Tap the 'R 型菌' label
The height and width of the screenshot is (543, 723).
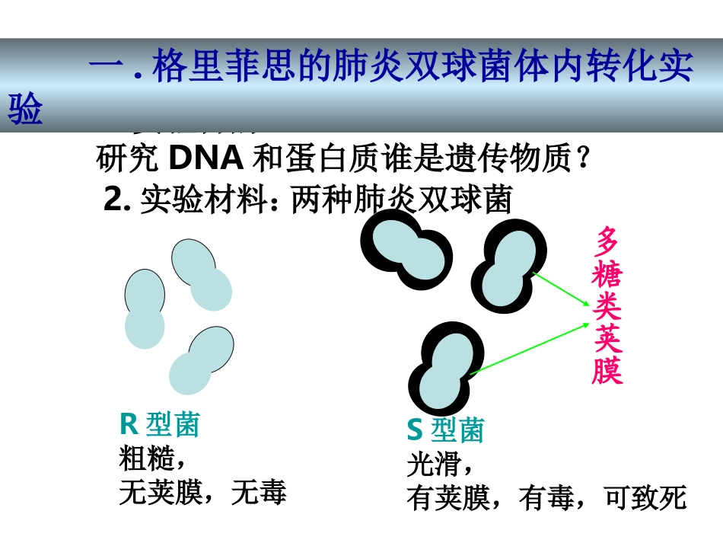(x=159, y=425)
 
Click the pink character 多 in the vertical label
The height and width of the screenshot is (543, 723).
(x=607, y=241)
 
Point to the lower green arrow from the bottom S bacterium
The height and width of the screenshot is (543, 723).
(x=529, y=348)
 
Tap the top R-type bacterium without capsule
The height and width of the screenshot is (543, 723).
(x=201, y=274)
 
